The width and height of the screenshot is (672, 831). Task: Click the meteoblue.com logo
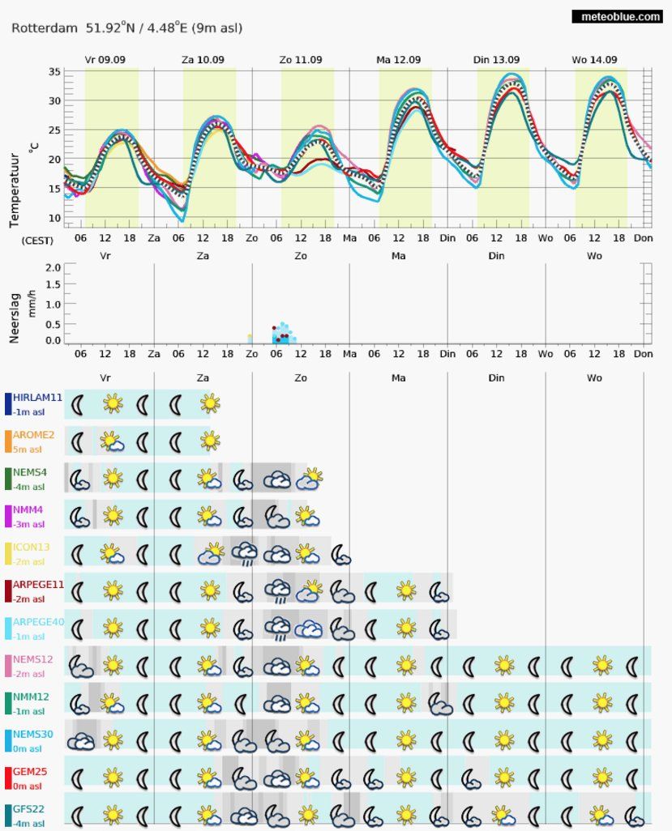(618, 16)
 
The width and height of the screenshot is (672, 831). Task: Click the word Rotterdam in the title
(45, 28)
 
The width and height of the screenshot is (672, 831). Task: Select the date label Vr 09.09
(105, 60)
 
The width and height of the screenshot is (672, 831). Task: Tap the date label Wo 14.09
(594, 60)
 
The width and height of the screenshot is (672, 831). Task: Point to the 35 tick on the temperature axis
(54, 71)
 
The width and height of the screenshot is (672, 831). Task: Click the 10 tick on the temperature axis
(54, 217)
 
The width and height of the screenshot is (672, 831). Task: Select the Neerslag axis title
(15, 318)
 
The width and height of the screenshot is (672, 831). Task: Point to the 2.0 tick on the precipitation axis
(53, 267)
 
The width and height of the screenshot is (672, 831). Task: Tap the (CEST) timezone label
(37, 241)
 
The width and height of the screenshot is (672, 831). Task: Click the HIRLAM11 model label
(37, 398)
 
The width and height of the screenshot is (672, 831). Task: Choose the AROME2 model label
(33, 435)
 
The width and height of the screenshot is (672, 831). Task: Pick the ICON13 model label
(32, 547)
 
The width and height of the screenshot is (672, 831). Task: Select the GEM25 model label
(30, 772)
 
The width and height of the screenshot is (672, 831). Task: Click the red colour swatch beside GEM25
(8, 778)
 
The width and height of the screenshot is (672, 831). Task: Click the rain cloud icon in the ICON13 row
(245, 553)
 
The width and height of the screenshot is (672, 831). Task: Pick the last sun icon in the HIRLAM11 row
(210, 404)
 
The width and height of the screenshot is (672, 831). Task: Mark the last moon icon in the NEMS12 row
(631, 666)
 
